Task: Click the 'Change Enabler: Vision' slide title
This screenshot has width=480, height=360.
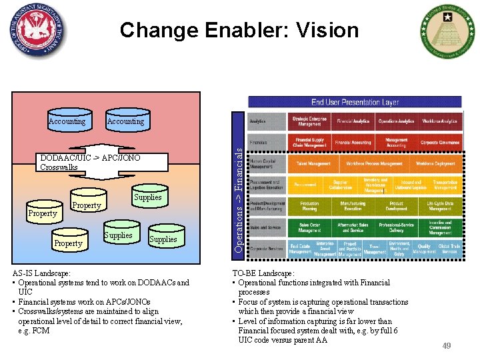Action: tap(239, 30)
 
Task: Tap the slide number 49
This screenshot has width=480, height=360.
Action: tap(447, 345)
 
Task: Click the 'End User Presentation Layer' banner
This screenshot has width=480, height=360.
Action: tap(355, 102)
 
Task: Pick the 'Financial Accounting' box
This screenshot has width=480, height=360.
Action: tap(353, 143)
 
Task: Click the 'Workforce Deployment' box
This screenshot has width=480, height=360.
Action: tap(435, 163)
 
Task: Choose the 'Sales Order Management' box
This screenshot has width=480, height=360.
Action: tap(309, 227)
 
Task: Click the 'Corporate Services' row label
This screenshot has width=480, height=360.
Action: tap(265, 249)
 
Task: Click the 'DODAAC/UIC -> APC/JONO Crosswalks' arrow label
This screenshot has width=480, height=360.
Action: tap(90, 162)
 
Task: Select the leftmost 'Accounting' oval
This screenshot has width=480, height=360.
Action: tap(67, 121)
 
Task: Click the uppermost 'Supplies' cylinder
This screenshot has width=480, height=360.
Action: tap(147, 197)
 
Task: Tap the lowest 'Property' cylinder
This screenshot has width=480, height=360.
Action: tap(68, 243)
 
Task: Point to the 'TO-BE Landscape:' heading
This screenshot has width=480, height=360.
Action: tap(263, 273)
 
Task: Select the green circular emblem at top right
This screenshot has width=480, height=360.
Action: tap(445, 31)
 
